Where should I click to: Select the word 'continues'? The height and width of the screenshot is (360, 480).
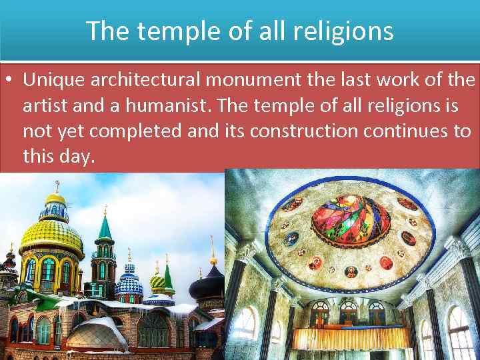408,131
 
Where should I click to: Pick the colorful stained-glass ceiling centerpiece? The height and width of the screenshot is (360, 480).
353,220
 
